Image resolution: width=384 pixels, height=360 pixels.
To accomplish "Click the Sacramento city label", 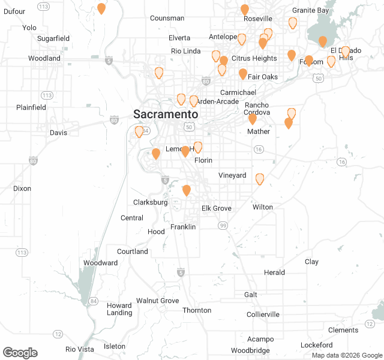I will pos(166,114).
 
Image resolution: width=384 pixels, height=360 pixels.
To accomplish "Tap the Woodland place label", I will pos(44,59).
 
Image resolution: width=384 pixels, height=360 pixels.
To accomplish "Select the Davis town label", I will pos(59,133).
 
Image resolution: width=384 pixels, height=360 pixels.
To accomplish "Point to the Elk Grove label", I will pos(215,208).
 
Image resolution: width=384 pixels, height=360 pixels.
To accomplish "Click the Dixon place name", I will pos(22,188).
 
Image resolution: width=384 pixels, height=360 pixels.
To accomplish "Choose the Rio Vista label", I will pos(80,349).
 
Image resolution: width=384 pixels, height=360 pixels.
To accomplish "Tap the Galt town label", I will pos(251,295).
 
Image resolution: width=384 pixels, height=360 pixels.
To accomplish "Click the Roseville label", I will pos(258,19).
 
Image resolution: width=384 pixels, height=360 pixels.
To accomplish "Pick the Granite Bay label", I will pos(311,11).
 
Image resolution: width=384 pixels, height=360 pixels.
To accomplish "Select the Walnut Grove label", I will pos(158,301).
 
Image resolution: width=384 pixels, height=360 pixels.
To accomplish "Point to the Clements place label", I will pos(343,330).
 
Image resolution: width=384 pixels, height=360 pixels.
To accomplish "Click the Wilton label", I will pos(263,207).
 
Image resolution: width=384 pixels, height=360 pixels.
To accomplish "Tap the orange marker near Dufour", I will pos(101,8).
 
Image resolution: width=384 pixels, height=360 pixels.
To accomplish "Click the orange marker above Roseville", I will pos(245,10).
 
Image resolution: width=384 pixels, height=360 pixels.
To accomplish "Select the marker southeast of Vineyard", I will pos(260,178).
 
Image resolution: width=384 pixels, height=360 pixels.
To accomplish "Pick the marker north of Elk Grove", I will pos(187,190).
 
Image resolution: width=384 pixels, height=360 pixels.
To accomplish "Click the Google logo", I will pos(20,353).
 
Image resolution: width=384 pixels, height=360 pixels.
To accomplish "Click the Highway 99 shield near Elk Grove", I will pos(223,225).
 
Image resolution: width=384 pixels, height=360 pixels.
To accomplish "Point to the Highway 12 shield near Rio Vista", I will pos(58,334).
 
